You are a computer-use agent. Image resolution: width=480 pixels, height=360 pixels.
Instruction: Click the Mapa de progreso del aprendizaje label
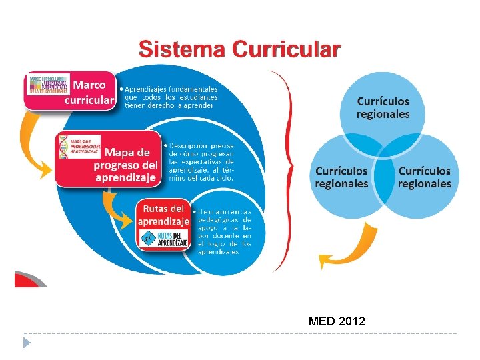point(126,165)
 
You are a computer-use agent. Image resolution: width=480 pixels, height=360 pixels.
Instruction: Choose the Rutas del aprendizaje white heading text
point(164,215)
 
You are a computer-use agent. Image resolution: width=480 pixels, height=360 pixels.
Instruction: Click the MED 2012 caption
point(337,322)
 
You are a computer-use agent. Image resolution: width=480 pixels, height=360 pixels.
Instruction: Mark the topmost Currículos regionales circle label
point(383,107)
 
